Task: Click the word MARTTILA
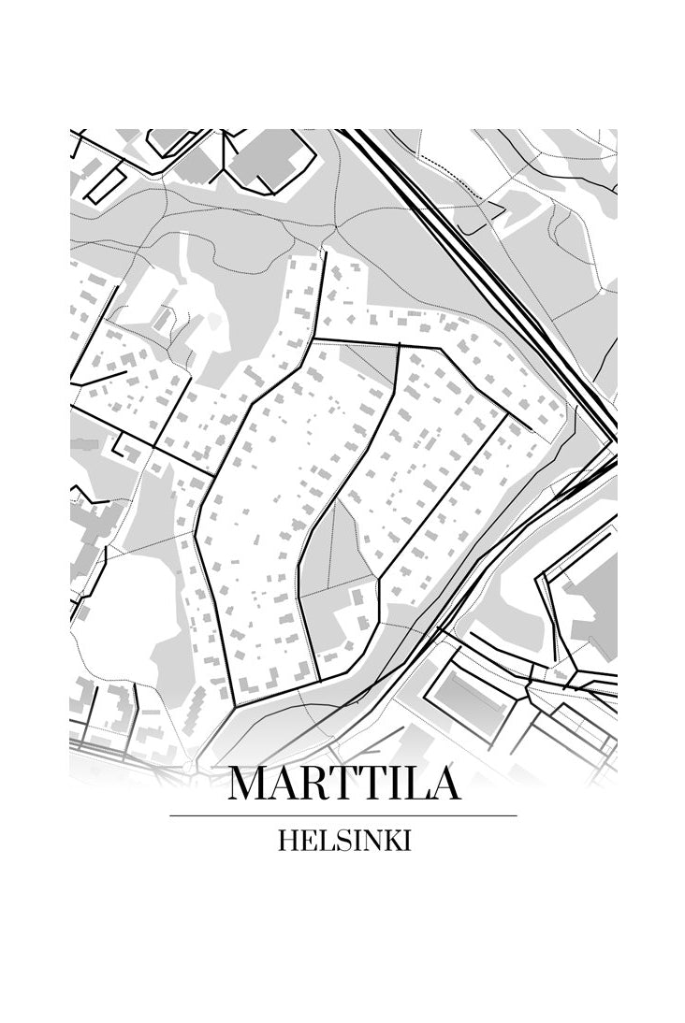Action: pos(343,784)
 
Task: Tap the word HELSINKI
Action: pos(343,841)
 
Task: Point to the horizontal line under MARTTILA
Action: pos(343,815)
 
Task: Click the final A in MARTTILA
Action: pos(443,784)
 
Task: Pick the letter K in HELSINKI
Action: pos(389,841)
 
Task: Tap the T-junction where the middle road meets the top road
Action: pos(400,345)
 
